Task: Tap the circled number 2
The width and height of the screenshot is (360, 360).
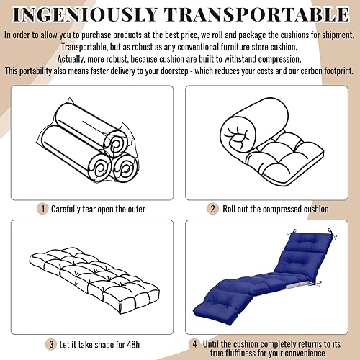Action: click(212, 209)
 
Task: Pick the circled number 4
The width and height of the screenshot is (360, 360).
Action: click(195, 323)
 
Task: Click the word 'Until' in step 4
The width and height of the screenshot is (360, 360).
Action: click(215, 323)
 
